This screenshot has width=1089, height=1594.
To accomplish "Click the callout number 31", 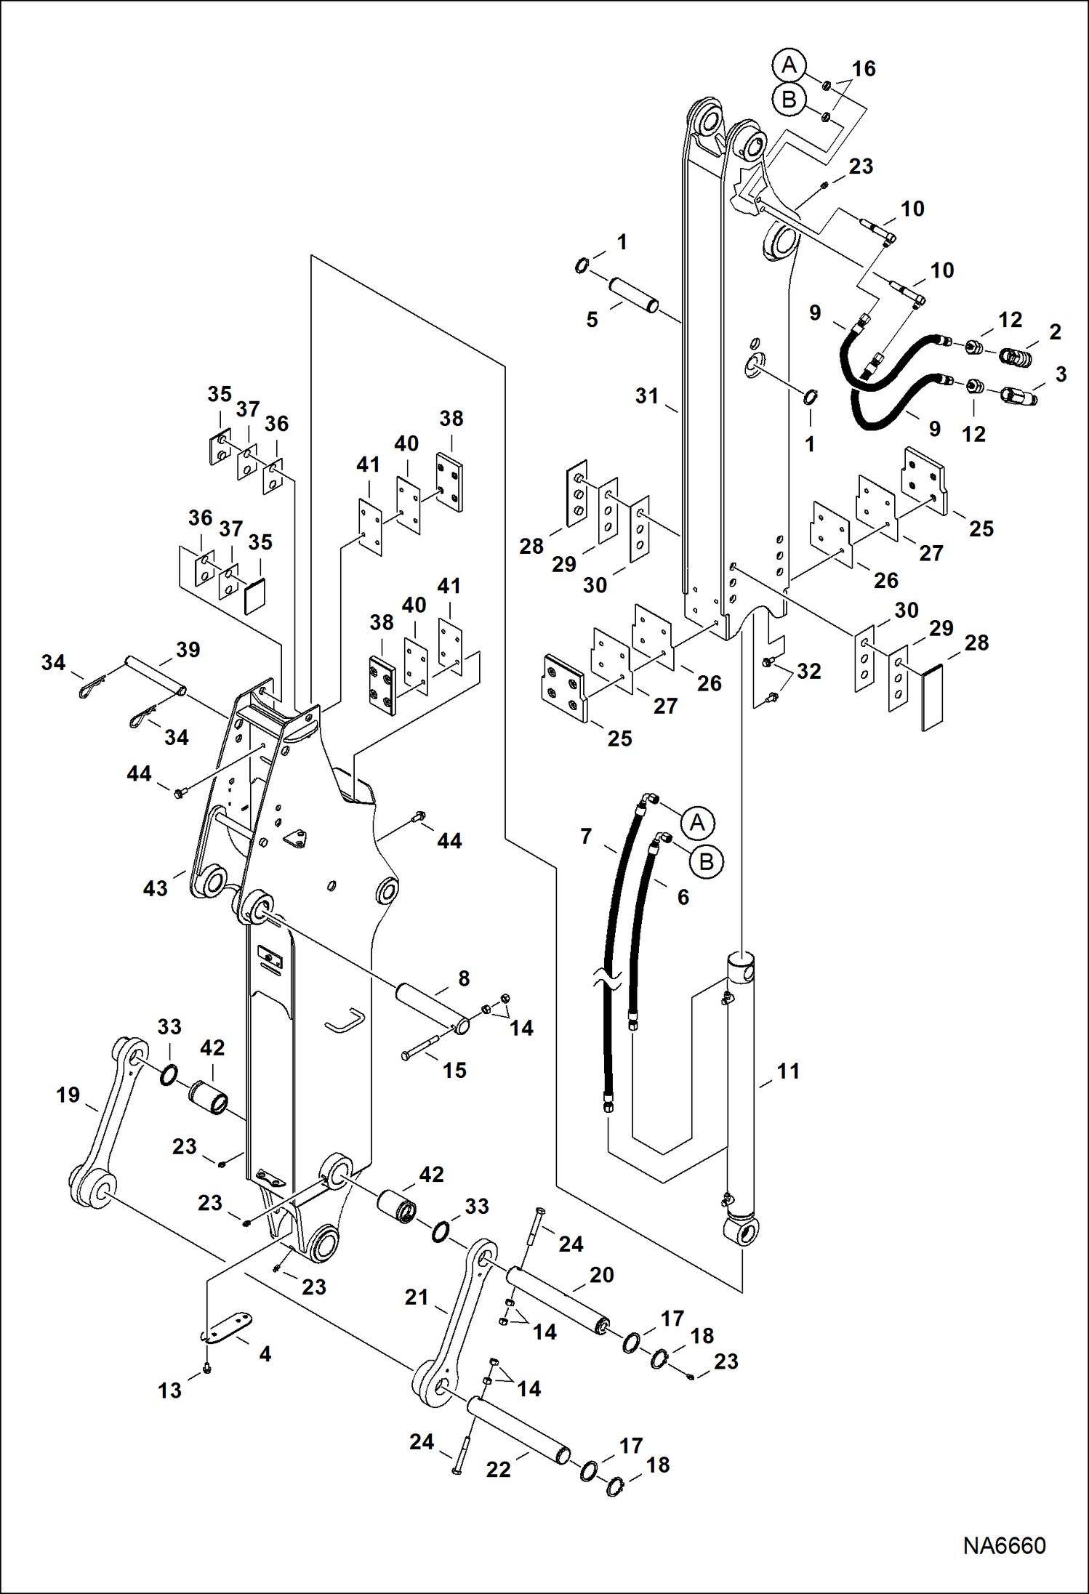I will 646,396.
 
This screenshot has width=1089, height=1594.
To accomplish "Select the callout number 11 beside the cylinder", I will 788,1071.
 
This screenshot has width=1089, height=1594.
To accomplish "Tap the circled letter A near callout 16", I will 789,65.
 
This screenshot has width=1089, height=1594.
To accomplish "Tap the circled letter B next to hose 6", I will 705,862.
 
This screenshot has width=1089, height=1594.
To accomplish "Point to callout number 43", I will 155,887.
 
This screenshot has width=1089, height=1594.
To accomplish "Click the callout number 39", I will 188,649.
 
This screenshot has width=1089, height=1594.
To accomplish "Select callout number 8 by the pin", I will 464,978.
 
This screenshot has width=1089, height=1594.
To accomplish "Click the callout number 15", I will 454,1070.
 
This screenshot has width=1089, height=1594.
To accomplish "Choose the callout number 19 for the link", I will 68,1095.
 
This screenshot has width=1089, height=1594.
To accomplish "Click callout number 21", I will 417,1297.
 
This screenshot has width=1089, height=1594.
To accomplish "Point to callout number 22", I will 498,1470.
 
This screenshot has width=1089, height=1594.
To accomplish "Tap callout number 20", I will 601,1274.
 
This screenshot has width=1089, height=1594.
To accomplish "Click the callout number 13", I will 169,1390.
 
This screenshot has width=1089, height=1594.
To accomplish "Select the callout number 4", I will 265,1353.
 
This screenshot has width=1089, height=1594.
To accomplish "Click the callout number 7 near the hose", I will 586,836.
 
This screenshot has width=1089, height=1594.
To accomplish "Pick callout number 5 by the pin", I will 592,319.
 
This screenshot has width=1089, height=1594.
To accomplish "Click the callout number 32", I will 808,671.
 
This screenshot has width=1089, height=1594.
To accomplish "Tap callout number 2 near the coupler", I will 1055,331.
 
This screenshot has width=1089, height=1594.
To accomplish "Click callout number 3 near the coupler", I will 1061,374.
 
